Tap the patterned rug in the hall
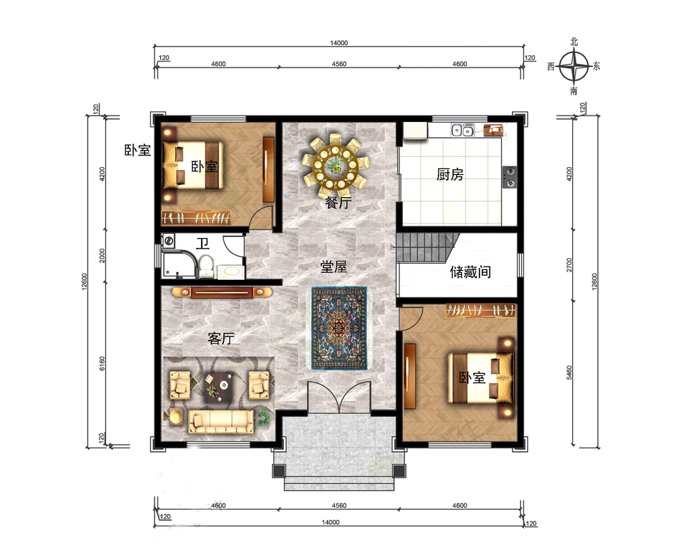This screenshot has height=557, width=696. pyautogui.click(x=340, y=328)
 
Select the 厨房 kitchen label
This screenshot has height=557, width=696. pyautogui.click(x=450, y=174)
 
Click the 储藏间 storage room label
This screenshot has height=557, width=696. pyautogui.click(x=470, y=272)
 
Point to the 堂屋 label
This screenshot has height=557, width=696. pyautogui.click(x=333, y=267)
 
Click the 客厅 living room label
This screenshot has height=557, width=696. pyautogui.click(x=221, y=338)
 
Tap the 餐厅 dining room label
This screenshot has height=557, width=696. pyautogui.click(x=338, y=203)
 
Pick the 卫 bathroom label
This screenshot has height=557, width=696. pyautogui.click(x=203, y=244)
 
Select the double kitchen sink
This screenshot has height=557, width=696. pyautogui.click(x=463, y=131)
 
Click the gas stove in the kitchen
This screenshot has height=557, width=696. pyautogui.click(x=509, y=177)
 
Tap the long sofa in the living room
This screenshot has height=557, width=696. pyautogui.click(x=221, y=421)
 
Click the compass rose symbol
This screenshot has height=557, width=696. pyautogui.click(x=574, y=67)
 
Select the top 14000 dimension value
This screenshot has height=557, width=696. pyautogui.click(x=339, y=42)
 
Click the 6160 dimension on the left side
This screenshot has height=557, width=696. pyautogui.click(x=102, y=363)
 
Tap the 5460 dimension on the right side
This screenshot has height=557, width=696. pyautogui.click(x=569, y=372)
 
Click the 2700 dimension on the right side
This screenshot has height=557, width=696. pyautogui.click(x=569, y=265)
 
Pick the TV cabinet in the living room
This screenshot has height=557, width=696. pyautogui.click(x=221, y=292)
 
